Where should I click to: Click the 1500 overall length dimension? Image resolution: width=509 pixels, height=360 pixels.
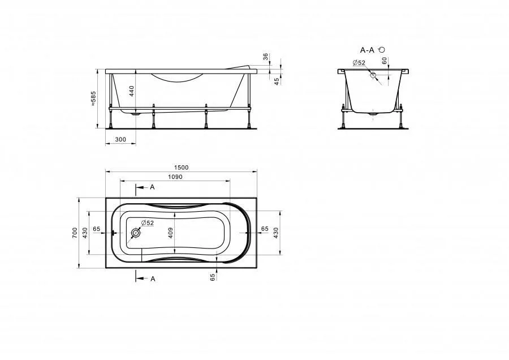(181, 168)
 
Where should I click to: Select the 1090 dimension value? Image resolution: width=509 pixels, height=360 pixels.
(175, 177)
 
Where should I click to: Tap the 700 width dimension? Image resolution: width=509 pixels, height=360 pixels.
(75, 233)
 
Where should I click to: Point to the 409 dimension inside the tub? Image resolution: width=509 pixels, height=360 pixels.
(171, 233)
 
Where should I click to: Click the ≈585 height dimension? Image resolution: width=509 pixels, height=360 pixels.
(93, 98)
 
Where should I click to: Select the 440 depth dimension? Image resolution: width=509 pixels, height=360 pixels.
(131, 91)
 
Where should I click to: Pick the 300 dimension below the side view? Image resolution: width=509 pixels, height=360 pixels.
(120, 140)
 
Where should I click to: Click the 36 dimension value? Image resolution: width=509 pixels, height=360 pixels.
(266, 57)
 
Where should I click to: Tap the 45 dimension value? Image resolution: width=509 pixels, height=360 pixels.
(277, 82)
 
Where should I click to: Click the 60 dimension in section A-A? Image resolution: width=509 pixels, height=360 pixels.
(385, 61)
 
